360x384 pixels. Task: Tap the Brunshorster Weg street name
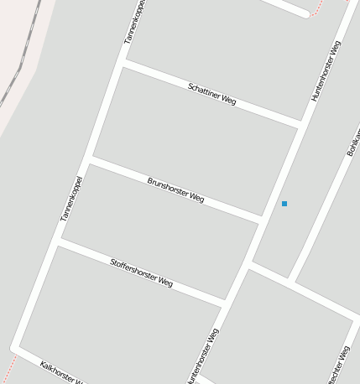pyautogui.click(x=175, y=189)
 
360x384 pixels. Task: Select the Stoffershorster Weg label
pyautogui.click(x=142, y=273)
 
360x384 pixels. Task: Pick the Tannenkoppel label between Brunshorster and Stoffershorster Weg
pyautogui.click(x=71, y=199)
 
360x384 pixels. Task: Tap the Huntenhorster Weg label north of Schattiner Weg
pyautogui.click(x=326, y=71)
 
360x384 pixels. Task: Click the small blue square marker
pyautogui.click(x=284, y=204)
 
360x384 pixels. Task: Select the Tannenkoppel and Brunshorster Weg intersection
pyautogui.click(x=90, y=158)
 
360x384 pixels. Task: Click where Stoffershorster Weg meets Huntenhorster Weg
pyautogui.click(x=224, y=299)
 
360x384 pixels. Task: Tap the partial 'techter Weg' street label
pyautogui.click(x=341, y=366)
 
